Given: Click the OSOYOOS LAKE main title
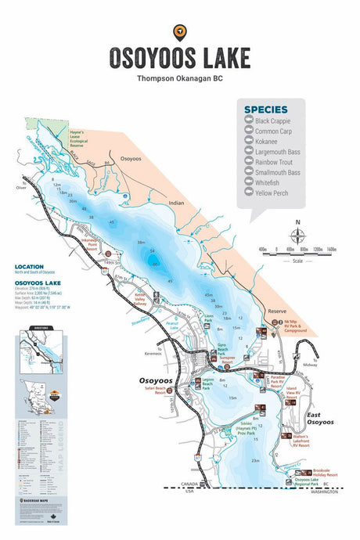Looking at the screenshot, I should pos(180,58).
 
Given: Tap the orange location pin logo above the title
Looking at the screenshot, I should pos(180,31).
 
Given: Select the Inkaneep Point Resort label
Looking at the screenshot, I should pos(86,244).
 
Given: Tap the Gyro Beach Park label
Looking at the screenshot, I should pos(225,348).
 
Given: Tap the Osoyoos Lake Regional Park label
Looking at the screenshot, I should pos(310,482).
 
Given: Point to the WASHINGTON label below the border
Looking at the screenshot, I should pos(322,491).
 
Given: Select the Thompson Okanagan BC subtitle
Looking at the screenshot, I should pos(179,78).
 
